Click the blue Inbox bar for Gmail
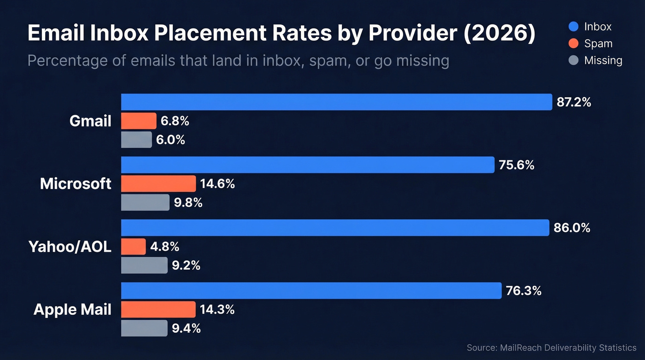336,102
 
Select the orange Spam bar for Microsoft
158,183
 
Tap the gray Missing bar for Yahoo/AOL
144,265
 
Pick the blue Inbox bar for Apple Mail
311,290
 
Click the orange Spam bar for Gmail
139,121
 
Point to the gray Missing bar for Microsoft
145,202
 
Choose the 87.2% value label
574,102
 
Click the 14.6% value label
217,184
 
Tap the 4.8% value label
164,247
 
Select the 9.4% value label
186,328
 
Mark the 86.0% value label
572,228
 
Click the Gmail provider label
90,121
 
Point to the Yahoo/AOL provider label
70,247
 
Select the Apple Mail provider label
72,309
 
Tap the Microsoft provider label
76,183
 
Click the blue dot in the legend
574,27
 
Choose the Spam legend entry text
598,44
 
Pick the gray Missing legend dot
574,60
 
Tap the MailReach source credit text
551,348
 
